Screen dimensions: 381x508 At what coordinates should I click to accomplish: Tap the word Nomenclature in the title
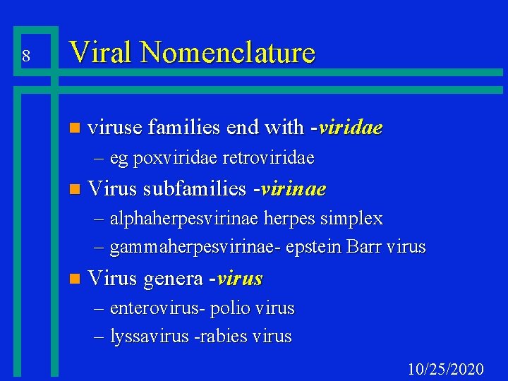pyautogui.click(x=228, y=52)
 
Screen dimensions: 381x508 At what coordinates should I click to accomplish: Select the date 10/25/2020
pyautogui.click(x=446, y=369)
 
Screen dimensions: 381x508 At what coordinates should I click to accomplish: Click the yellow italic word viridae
pyautogui.click(x=351, y=128)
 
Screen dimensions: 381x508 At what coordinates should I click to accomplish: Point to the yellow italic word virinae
pyautogui.click(x=294, y=189)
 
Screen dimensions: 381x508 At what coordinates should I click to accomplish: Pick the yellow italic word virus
pyautogui.click(x=240, y=279)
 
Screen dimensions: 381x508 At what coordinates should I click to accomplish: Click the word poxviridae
pyautogui.click(x=161, y=157)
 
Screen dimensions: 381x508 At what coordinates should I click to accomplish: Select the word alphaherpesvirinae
pyautogui.click(x=185, y=219)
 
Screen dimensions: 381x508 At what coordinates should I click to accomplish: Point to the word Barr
pyautogui.click(x=364, y=247)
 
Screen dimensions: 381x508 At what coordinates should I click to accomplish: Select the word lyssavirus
pyautogui.click(x=149, y=337)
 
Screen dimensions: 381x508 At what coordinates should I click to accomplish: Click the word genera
pyautogui.click(x=173, y=279)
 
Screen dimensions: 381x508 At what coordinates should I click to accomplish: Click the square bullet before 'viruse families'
pyautogui.click(x=75, y=128)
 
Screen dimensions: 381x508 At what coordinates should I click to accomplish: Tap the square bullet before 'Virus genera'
pyautogui.click(x=75, y=279)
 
